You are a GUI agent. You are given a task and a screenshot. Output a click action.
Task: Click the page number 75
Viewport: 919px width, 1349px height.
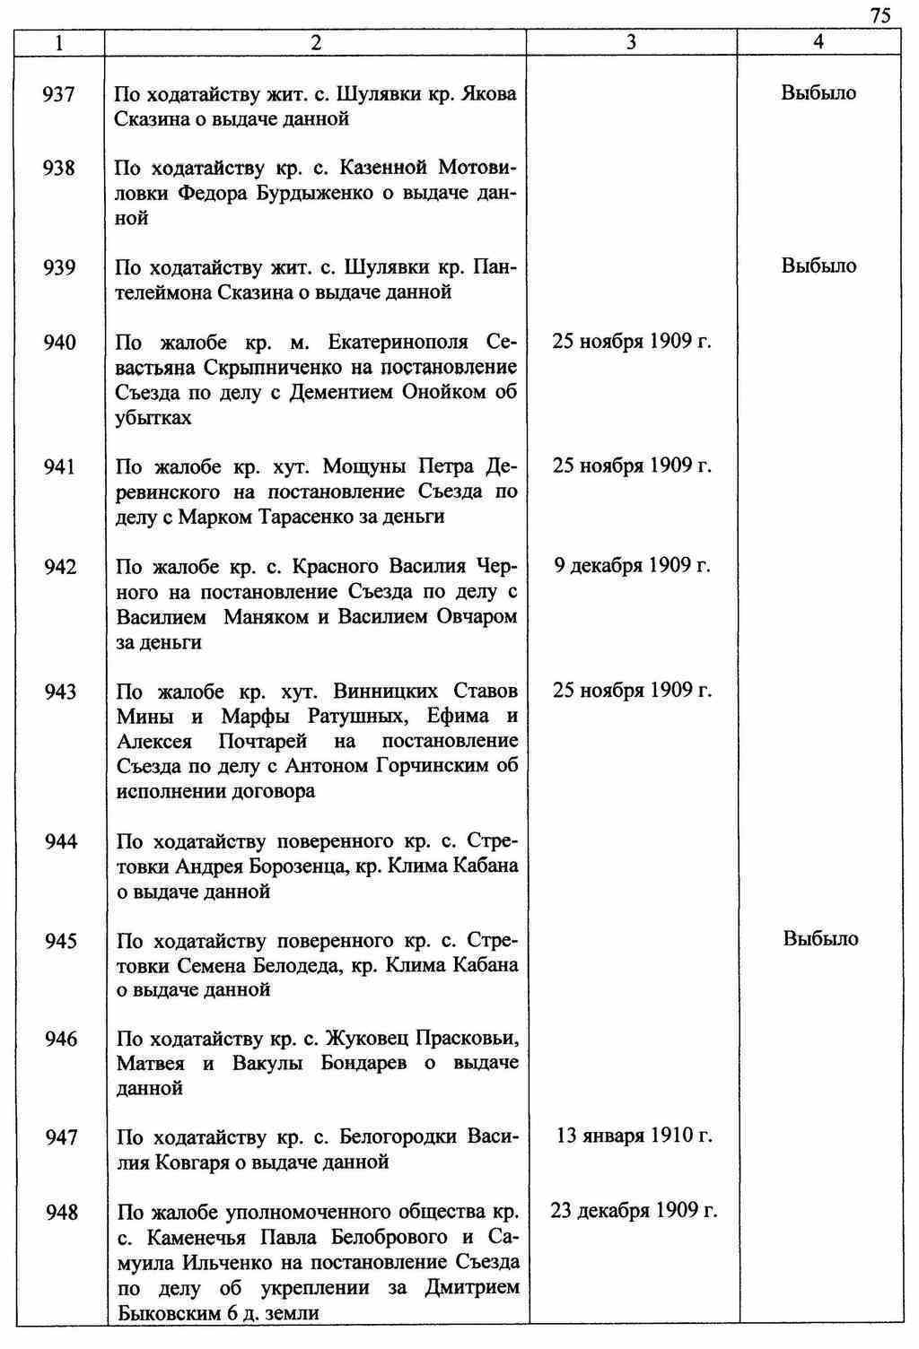(x=880, y=14)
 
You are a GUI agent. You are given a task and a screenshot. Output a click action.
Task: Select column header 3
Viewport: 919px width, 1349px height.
(x=631, y=42)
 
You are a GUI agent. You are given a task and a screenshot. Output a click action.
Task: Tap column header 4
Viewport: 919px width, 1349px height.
(x=818, y=42)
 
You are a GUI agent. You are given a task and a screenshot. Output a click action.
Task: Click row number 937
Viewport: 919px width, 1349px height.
(x=59, y=93)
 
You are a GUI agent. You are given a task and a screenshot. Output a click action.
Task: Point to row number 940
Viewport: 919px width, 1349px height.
(x=59, y=343)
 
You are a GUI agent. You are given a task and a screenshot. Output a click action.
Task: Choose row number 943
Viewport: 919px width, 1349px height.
(x=59, y=692)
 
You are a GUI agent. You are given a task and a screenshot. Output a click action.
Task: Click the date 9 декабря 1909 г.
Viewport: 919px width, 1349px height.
(x=632, y=566)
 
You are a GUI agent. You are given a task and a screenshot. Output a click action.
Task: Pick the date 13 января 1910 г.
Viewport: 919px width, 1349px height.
(x=635, y=1136)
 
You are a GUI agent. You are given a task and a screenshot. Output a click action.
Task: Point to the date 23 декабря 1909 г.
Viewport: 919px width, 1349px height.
(x=634, y=1211)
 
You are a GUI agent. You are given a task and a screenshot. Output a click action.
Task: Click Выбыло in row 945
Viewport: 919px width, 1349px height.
(x=820, y=939)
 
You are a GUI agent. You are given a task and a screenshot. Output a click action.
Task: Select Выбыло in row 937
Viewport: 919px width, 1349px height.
(x=818, y=92)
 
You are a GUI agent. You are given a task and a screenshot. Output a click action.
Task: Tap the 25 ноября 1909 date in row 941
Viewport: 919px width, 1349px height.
(x=632, y=466)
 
